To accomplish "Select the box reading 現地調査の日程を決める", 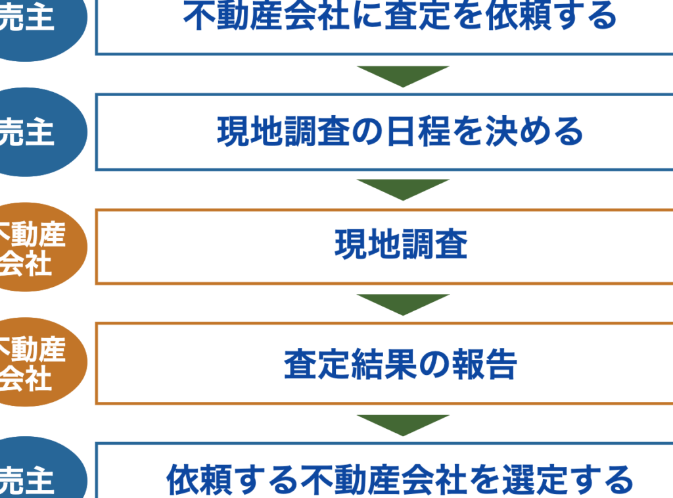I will coord(400,132).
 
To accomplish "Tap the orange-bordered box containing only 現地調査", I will coord(400,246).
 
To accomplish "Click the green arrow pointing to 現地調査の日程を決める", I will coord(403,75).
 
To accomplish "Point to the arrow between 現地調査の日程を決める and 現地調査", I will coord(403,189).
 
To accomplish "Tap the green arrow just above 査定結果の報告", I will coord(403,303).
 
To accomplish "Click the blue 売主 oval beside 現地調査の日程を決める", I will coord(33,132).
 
